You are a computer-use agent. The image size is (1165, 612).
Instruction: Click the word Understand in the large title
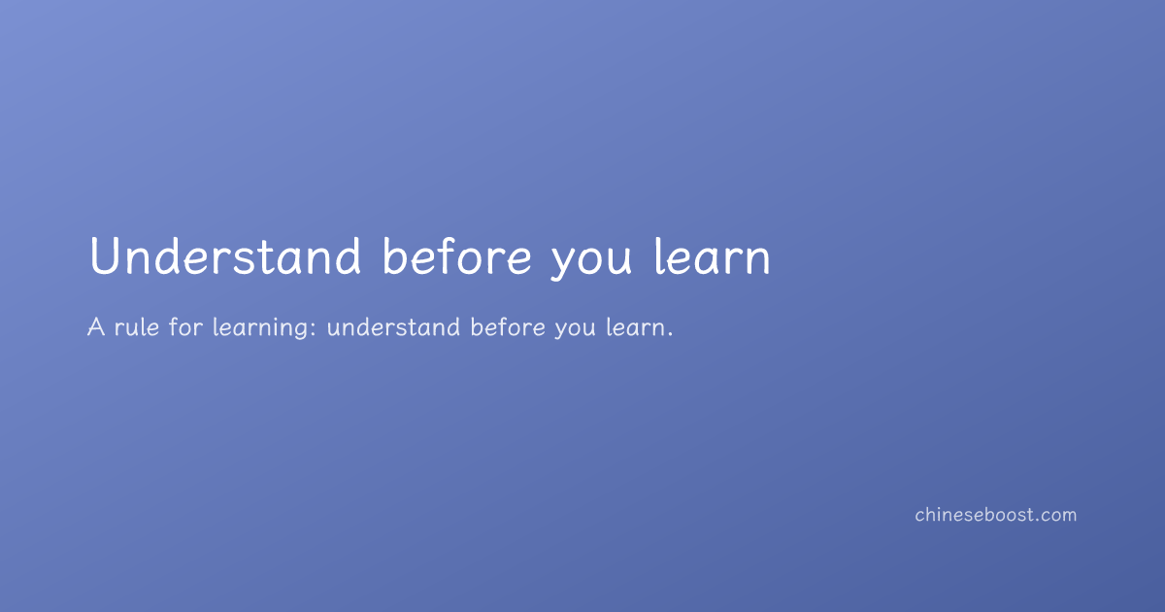225,255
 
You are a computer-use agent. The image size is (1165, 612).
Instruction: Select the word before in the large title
457,255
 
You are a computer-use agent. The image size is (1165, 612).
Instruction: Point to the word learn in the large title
712,255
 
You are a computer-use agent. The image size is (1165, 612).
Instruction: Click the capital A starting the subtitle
96,327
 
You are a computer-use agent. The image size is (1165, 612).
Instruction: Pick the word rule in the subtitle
137,327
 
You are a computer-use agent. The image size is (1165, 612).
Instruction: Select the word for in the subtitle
185,327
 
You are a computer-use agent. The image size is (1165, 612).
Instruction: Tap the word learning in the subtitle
260,329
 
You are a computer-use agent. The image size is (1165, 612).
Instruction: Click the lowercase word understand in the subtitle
393,327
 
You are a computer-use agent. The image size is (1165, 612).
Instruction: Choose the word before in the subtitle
508,327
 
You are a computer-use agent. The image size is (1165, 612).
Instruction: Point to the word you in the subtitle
575,330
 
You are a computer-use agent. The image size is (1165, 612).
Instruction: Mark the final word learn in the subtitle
635,327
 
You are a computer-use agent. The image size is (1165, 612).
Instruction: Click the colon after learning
313,329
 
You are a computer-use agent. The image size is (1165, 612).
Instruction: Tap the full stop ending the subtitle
670,334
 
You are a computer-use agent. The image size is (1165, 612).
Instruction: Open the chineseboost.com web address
996,515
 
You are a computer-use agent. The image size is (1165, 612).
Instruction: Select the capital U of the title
105,256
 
